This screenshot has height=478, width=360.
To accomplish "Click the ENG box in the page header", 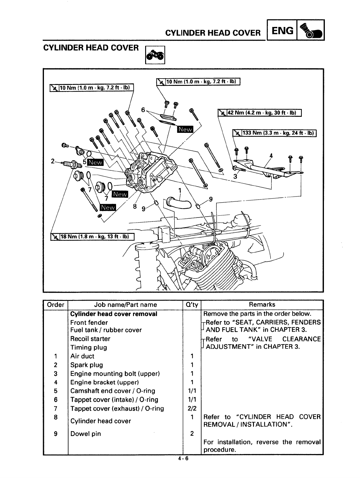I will point(282,30).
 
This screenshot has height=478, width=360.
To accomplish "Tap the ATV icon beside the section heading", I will point(155,55).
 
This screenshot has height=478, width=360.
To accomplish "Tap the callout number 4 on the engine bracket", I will point(271,156).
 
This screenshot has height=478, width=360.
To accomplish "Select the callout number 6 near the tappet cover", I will point(143,110).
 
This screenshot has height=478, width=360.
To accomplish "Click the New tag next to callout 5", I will point(95,163).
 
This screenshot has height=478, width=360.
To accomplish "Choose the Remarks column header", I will point(262,305).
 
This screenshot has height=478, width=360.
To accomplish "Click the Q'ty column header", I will point(192,305).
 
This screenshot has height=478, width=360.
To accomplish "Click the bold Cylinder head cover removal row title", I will point(114,314).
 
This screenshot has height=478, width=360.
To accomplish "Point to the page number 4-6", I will point(183,458).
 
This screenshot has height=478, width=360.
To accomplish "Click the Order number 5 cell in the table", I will point(55,391).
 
